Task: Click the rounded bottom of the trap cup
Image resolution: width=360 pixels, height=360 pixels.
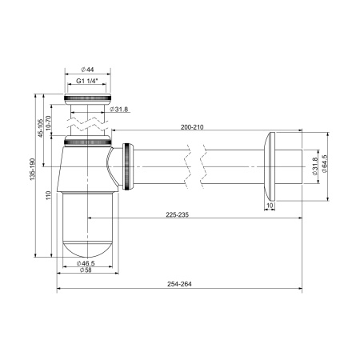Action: pos(87,240)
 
